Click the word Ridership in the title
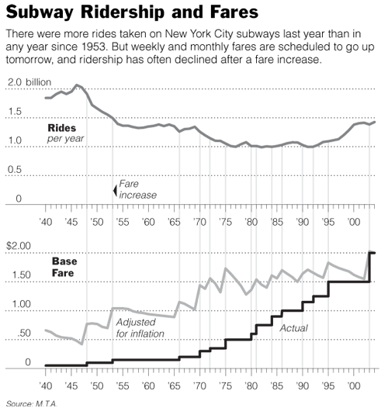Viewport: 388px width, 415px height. [x=123, y=12]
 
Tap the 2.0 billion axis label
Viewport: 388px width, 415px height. [x=29, y=82]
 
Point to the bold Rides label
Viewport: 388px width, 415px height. [x=62, y=128]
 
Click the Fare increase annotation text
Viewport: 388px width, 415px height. [x=137, y=189]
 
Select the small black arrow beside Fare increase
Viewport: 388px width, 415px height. [x=115, y=190]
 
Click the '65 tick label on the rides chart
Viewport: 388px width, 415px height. [x=174, y=222]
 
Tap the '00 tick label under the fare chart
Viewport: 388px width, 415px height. [x=353, y=386]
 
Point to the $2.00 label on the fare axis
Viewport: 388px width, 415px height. [x=19, y=246]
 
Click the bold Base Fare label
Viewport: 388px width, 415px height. [x=64, y=267]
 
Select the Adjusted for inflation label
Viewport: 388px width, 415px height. [x=140, y=328]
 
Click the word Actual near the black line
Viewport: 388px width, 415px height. [x=293, y=328]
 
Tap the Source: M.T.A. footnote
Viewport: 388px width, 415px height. [x=32, y=404]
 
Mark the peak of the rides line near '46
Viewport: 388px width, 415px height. [x=77, y=85]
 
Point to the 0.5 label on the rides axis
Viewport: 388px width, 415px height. [x=15, y=170]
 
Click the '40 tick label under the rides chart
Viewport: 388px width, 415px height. [x=46, y=222]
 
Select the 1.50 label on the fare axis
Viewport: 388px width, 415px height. [x=21, y=275]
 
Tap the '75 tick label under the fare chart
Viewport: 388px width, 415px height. [x=225, y=386]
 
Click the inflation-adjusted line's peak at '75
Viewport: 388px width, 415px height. [x=225, y=268]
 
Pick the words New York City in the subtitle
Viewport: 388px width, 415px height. [x=199, y=34]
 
